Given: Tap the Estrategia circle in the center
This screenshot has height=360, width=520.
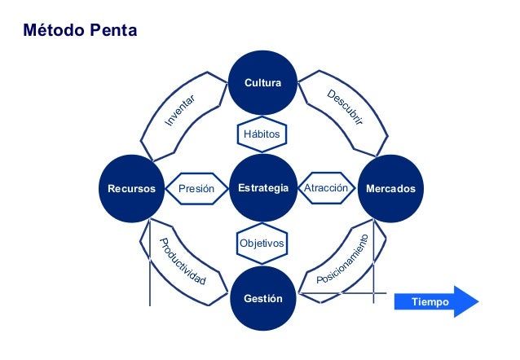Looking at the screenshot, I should pos(262,189).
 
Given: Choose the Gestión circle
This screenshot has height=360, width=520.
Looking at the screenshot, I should pos(262,299).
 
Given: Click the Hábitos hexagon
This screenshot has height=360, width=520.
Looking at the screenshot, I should pos(262,132).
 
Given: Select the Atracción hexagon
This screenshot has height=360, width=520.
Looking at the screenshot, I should pos(326,189).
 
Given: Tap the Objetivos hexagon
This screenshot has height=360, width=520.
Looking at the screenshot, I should pos(262,244).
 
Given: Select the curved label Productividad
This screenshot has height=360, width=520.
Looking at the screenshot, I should pos(184,261).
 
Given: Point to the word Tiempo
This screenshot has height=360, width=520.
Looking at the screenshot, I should pos(430,302).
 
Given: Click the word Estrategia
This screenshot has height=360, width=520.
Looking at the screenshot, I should pos(262,189).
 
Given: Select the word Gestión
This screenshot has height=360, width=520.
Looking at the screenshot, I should pos(262,299).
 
